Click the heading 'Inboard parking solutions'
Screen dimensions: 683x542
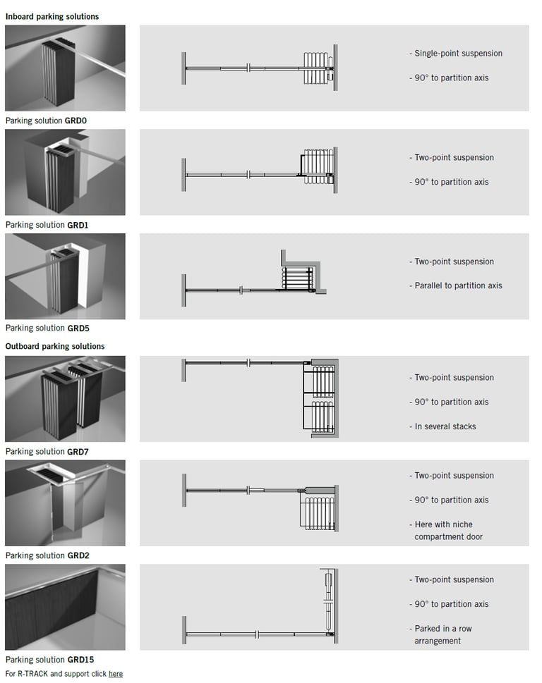[x=52, y=16]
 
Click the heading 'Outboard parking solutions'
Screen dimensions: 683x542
[x=55, y=346]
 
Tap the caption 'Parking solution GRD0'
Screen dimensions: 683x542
[x=46, y=121]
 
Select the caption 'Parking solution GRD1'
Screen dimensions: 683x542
[x=46, y=225]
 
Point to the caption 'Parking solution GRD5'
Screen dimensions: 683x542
[x=46, y=328]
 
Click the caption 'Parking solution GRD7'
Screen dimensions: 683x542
[x=46, y=451]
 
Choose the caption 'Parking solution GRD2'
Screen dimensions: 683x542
[x=46, y=555]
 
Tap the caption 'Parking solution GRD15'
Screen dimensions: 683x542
[x=48, y=660]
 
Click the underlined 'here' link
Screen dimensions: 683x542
[x=116, y=674]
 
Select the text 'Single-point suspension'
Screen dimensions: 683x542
[x=458, y=54]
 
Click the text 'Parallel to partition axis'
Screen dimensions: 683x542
[x=458, y=285]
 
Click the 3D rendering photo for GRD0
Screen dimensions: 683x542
[x=65, y=68]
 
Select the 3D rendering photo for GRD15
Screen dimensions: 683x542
[x=65, y=607]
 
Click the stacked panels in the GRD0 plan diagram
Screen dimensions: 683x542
[x=316, y=68]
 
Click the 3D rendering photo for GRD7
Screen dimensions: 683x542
[x=65, y=398]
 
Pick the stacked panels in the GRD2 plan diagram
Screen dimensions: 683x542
[x=316, y=512]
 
